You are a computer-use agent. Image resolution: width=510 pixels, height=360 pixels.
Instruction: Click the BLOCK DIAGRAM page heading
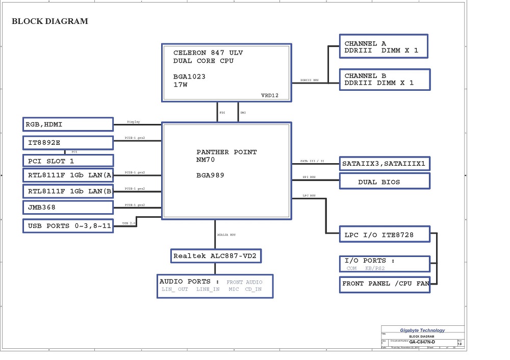tap(49, 21)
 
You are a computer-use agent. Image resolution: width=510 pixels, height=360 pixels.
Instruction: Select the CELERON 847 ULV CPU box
tap(226, 72)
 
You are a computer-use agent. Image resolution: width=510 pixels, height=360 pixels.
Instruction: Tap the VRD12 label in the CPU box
tap(270, 95)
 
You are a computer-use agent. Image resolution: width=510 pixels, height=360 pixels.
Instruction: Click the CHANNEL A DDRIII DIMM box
tap(384, 46)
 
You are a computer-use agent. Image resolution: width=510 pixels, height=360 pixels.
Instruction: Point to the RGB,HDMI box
tap(68, 124)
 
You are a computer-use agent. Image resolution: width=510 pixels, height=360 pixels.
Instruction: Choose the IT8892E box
tap(68, 142)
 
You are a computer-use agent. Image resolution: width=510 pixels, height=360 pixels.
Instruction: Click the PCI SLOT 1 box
tap(68, 161)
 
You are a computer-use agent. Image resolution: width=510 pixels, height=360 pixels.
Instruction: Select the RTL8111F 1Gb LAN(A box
tap(68, 176)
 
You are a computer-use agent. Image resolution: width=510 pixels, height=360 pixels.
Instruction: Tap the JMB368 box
tap(68, 208)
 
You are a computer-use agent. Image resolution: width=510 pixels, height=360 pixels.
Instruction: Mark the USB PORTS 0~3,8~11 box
tap(68, 226)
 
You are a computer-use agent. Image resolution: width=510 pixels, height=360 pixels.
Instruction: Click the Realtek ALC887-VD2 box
tap(216, 256)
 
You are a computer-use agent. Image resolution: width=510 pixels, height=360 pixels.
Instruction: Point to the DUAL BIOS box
tap(385, 182)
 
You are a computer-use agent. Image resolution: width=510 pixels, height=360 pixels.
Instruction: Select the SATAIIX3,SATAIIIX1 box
tap(385, 164)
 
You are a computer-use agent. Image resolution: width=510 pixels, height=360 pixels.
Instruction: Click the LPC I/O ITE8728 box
tap(385, 235)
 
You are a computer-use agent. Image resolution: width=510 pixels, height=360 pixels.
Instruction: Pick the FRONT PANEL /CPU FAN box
tap(385, 284)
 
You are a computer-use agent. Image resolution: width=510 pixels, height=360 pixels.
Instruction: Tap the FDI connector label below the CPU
tap(222, 113)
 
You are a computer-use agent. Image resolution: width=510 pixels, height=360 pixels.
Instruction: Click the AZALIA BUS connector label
tap(226, 235)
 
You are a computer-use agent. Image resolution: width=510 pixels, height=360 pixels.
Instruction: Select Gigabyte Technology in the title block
tap(422, 330)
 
